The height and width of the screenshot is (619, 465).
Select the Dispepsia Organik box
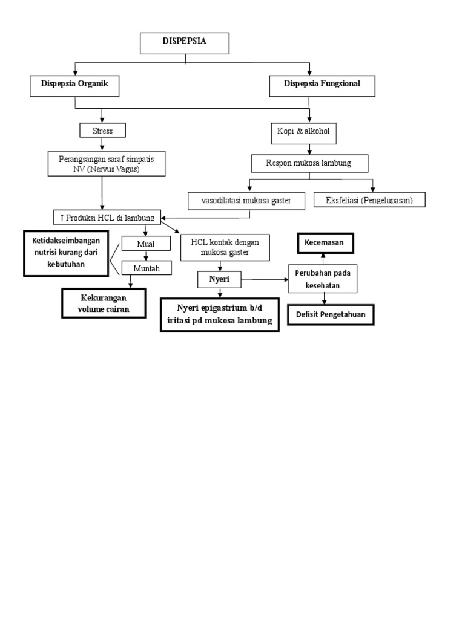[74, 85]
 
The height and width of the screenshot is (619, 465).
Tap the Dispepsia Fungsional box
[322, 85]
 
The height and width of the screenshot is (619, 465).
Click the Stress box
[102, 131]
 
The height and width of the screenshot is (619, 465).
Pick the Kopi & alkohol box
[309, 132]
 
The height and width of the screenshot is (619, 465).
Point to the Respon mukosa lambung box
[309, 163]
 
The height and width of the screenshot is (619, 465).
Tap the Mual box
[145, 244]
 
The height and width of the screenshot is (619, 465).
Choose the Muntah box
[146, 268]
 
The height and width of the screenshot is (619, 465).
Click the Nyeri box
[219, 279]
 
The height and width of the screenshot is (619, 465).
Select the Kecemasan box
[325, 244]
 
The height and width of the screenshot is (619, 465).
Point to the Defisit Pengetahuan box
[330, 314]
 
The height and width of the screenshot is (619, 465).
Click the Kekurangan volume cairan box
[104, 303]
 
